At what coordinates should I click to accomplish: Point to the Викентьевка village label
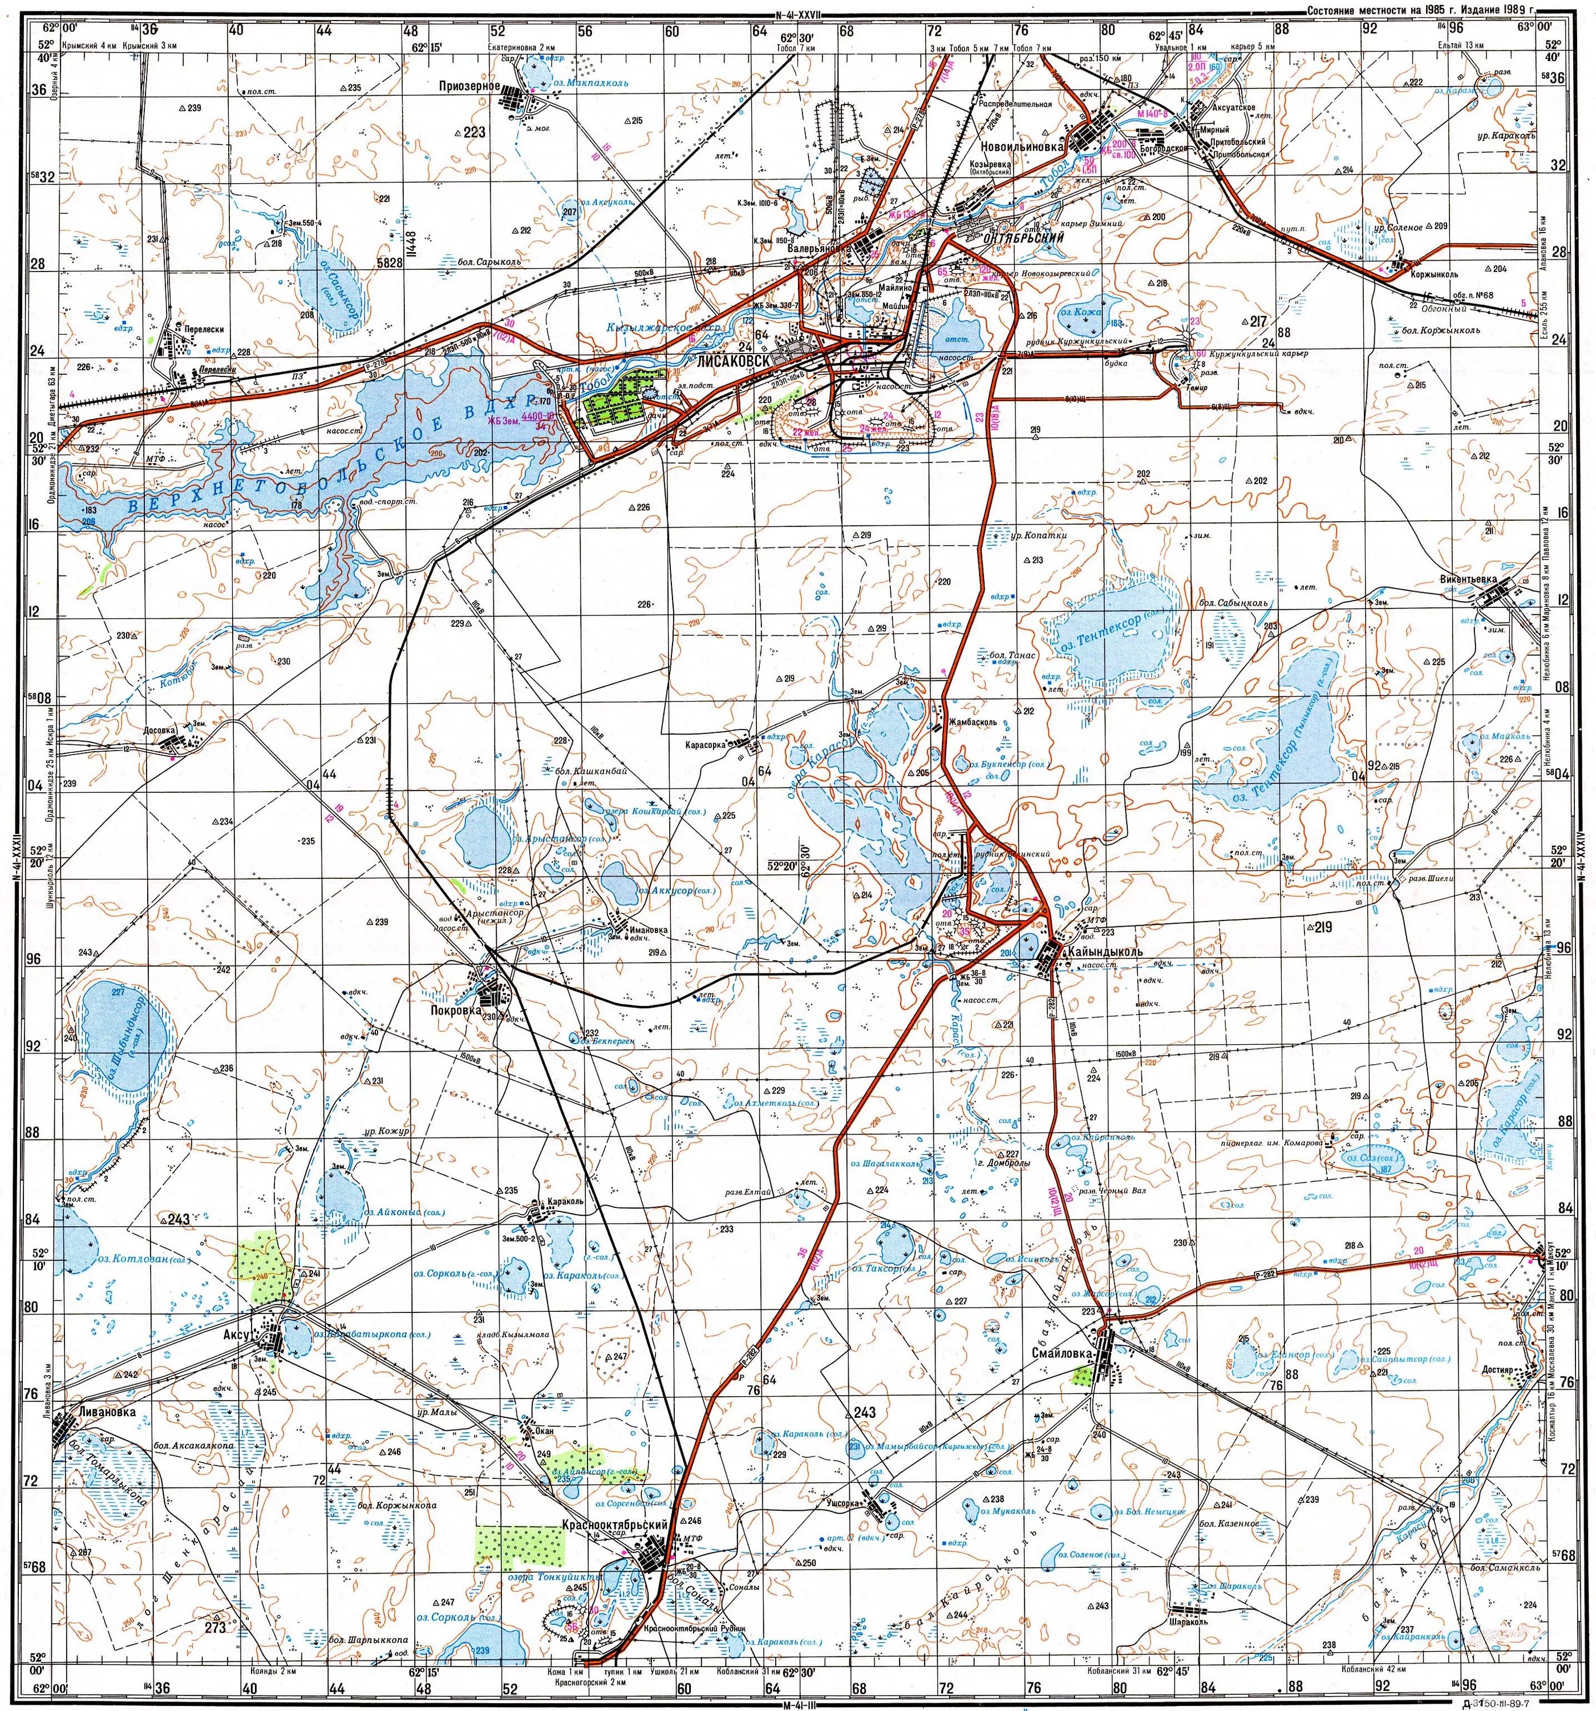pyautogui.click(x=1468, y=579)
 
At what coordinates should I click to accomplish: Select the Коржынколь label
pyautogui.click(x=1434, y=274)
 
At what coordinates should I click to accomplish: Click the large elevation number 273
pyautogui.click(x=214, y=1628)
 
